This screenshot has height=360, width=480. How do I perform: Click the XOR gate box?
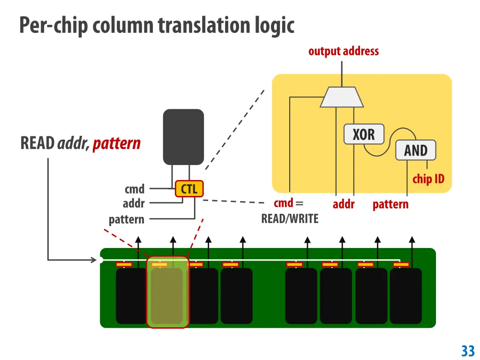[364, 134]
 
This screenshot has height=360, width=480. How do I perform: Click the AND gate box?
[416, 150]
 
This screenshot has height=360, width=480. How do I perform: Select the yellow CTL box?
[189, 188]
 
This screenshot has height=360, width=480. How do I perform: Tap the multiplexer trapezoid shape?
[342, 97]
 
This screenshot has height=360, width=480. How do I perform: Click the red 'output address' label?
[344, 51]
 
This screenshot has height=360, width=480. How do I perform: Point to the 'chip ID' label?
[428, 179]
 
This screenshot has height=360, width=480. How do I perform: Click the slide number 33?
[468, 351]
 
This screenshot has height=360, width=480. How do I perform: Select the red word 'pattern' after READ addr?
[117, 143]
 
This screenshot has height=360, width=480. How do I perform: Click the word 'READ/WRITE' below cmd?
[290, 218]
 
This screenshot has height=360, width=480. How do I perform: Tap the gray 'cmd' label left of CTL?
[135, 189]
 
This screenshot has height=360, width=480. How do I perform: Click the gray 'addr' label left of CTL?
[134, 203]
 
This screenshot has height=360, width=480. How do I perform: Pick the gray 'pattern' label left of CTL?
[127, 219]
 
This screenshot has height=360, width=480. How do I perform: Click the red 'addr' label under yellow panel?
[344, 204]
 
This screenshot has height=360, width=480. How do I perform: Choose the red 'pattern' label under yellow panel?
[390, 204]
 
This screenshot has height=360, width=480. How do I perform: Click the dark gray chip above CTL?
[183, 137]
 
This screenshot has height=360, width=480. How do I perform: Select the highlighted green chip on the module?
[168, 292]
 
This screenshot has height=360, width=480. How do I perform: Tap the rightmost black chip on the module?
[405, 296]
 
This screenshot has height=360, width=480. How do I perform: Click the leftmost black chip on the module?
[132, 296]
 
